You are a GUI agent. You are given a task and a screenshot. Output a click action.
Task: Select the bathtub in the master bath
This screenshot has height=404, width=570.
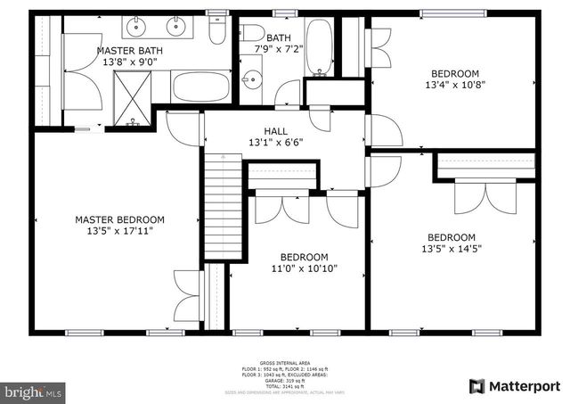200,87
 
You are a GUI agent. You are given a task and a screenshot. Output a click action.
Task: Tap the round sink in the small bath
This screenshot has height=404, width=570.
254,78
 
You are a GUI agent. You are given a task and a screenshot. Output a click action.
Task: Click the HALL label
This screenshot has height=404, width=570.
275,131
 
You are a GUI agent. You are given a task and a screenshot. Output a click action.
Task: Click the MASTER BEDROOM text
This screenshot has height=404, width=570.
119,219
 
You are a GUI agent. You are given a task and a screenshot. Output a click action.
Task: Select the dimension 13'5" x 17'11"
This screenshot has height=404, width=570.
119,231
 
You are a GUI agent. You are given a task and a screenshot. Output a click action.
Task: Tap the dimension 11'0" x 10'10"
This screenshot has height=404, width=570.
305,268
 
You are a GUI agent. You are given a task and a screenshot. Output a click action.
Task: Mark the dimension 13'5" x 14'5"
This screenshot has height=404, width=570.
451,249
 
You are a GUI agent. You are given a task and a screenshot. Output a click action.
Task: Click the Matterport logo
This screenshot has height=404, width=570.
514,385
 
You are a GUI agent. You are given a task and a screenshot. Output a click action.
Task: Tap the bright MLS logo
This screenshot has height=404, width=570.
34,391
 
